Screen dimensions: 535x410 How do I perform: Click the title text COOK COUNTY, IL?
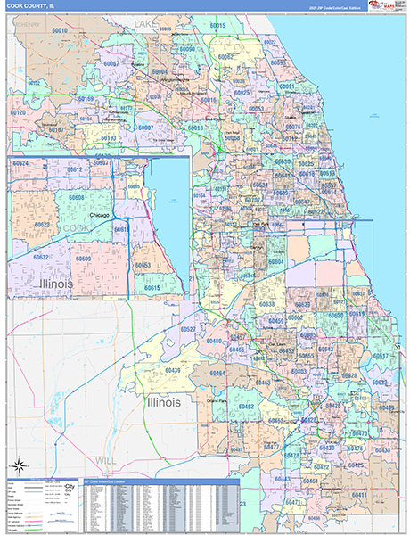point(32,6)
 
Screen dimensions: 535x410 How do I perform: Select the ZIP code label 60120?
point(17,113)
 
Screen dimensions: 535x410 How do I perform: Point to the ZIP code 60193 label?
point(108,138)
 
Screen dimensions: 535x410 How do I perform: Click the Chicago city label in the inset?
point(105,216)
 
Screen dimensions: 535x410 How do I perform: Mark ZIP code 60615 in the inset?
point(152,288)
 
